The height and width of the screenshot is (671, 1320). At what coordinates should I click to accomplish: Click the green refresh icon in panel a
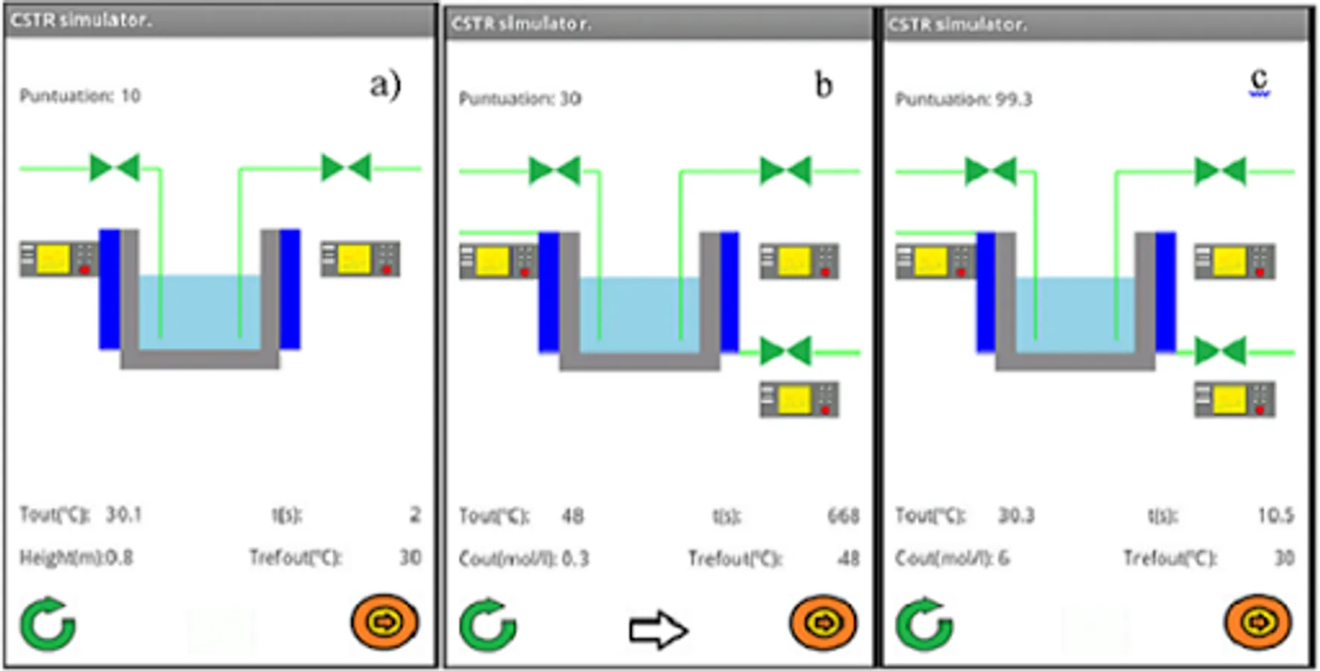[x=48, y=624]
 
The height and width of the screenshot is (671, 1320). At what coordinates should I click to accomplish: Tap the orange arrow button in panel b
[x=823, y=623]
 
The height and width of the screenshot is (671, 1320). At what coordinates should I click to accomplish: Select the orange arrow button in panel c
[x=1258, y=623]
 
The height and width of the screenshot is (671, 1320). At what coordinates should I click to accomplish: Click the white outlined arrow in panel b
[x=657, y=631]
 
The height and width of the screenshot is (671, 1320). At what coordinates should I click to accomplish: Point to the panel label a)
[x=385, y=84]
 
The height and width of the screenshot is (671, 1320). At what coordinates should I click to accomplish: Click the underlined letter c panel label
[x=1259, y=80]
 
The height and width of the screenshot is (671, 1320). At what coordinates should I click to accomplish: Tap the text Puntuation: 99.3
[x=963, y=99]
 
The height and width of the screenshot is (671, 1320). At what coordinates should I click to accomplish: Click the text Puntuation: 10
[x=80, y=95]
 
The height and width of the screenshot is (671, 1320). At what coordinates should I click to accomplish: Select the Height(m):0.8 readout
[x=76, y=558]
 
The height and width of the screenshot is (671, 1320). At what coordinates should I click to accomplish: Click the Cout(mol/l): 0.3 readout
[x=524, y=558]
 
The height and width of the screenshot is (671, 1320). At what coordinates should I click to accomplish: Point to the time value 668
[x=843, y=516]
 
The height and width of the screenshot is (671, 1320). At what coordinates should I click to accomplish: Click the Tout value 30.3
[x=1016, y=516]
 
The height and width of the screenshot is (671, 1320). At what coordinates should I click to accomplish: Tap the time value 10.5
[x=1275, y=515]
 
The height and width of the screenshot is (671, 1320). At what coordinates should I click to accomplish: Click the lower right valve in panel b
[x=785, y=351]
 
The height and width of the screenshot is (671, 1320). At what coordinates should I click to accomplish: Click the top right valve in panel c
[x=1220, y=171]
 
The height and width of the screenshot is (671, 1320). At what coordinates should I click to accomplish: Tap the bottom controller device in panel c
[x=1234, y=400]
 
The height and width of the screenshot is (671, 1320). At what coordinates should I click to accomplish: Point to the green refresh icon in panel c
[x=924, y=624]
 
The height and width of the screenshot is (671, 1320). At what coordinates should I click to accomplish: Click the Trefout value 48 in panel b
[x=848, y=558]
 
